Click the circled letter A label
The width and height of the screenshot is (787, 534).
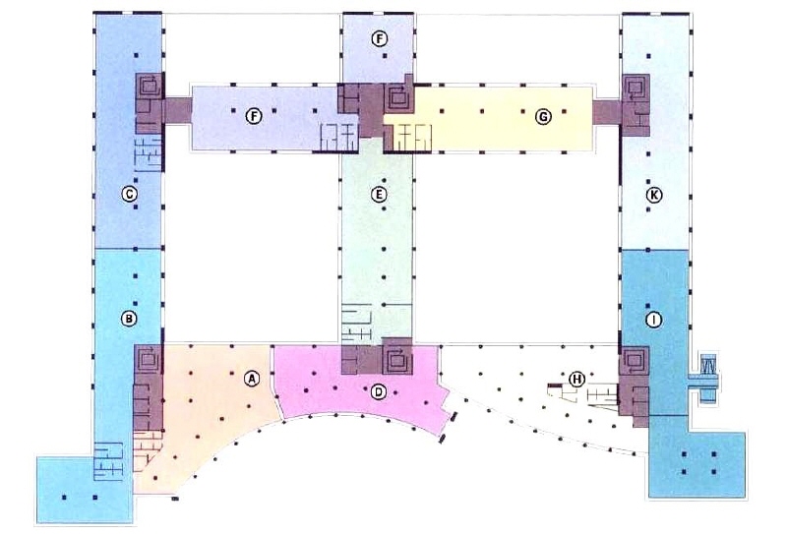252,379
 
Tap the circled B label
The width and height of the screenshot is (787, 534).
129,319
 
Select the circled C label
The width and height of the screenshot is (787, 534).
129,194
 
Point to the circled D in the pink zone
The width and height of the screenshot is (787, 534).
379,391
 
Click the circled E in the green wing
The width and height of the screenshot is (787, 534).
379,194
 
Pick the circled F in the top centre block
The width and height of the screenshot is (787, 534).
380,38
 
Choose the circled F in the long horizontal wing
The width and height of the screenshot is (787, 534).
254,117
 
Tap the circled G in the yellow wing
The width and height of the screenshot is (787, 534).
543,117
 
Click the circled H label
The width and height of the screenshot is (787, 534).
577,379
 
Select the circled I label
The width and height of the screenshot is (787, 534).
653,320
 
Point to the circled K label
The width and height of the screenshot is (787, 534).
653,195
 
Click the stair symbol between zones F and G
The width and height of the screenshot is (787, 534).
399,98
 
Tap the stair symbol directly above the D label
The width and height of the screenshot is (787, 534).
398,360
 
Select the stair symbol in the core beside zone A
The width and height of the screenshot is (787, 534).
150,359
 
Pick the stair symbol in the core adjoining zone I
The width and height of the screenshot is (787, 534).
635,360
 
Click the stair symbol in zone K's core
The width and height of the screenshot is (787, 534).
636,88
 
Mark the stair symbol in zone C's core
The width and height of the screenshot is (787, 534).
150,87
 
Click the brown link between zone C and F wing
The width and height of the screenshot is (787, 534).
178,111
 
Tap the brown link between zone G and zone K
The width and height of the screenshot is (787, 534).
607,112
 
